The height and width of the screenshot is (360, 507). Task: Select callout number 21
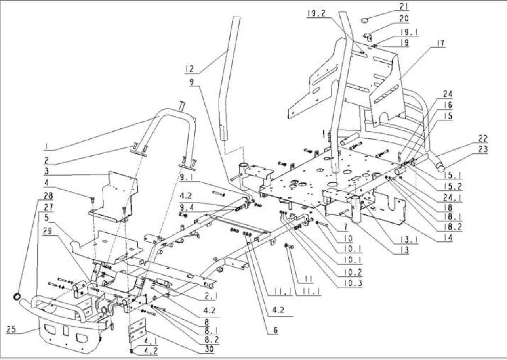[x=404, y=7]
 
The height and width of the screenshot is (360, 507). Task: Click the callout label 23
[x=483, y=149]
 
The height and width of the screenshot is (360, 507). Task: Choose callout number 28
[x=48, y=196]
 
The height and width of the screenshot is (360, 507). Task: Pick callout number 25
[x=11, y=329]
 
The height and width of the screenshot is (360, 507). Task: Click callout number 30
[x=209, y=349]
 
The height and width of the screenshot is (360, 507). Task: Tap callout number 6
[x=275, y=330]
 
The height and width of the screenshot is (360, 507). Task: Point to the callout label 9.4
[x=187, y=207]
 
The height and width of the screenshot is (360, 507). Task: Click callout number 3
[x=47, y=171]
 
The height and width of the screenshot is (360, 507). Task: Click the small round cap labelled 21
[x=364, y=21]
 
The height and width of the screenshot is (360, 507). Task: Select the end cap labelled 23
[x=440, y=168]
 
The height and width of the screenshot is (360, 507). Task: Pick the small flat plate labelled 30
[x=137, y=330]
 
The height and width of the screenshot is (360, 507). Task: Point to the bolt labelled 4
[x=92, y=200]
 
